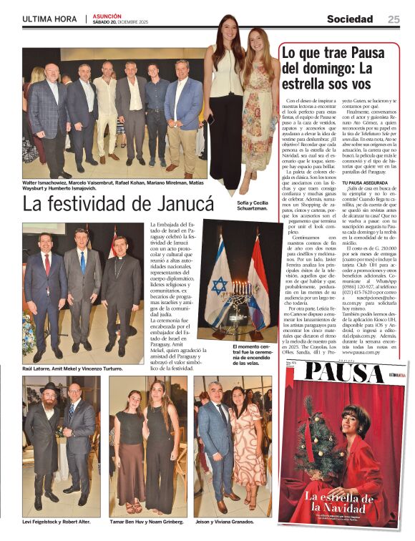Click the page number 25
394,19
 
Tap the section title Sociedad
350,19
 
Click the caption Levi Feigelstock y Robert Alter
57,521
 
